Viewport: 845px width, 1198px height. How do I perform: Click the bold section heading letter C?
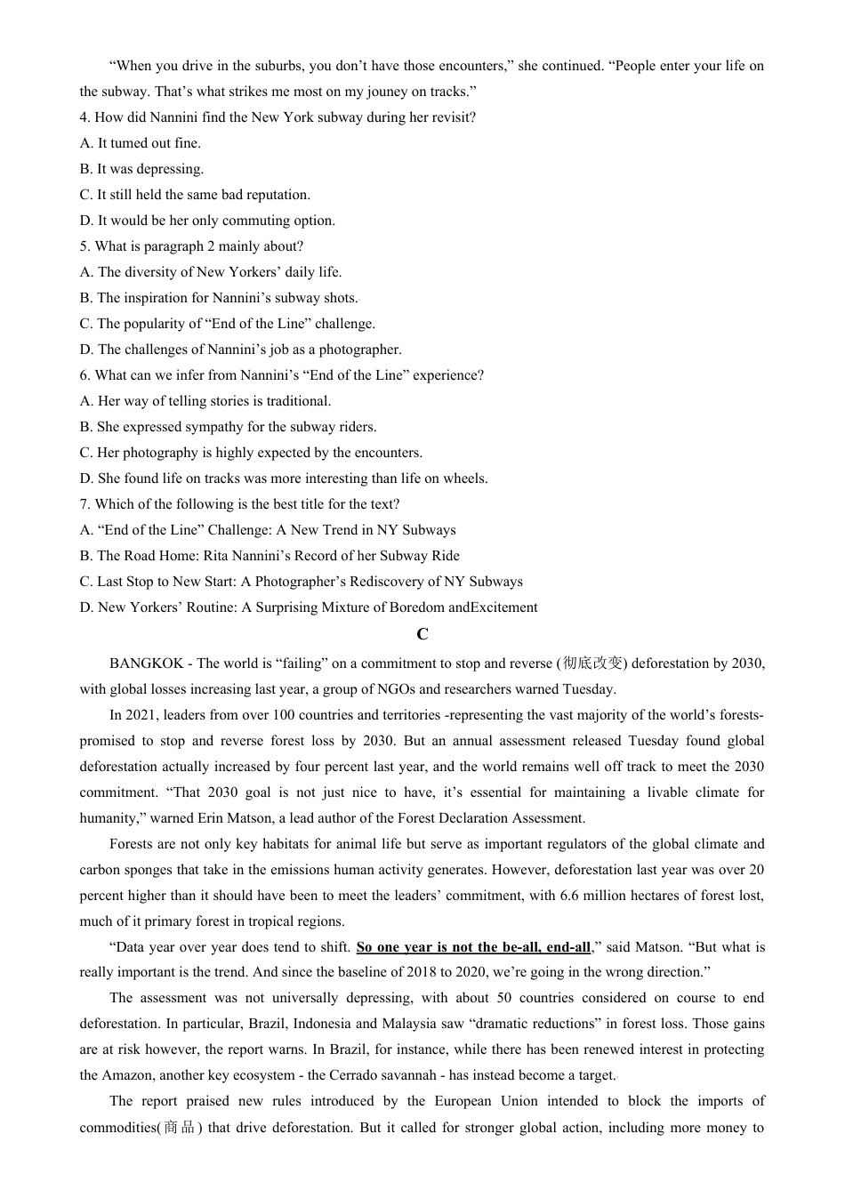(x=422, y=634)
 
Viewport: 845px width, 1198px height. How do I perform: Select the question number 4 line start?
(x=84, y=117)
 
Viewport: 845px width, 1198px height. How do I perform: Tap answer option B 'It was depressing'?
(x=141, y=169)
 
